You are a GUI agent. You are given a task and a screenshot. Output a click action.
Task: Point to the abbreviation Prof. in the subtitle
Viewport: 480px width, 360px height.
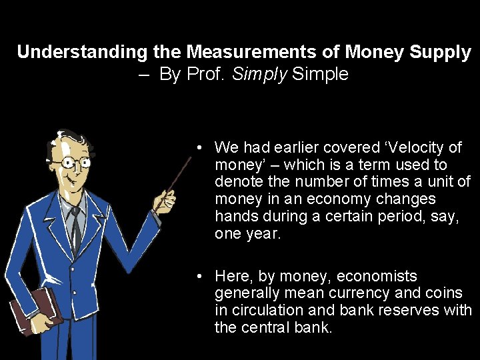coord(206,74)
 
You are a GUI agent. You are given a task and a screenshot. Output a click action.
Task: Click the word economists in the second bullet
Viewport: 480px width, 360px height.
coord(377,276)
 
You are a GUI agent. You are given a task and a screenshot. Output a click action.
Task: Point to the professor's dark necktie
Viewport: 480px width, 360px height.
coord(77,227)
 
